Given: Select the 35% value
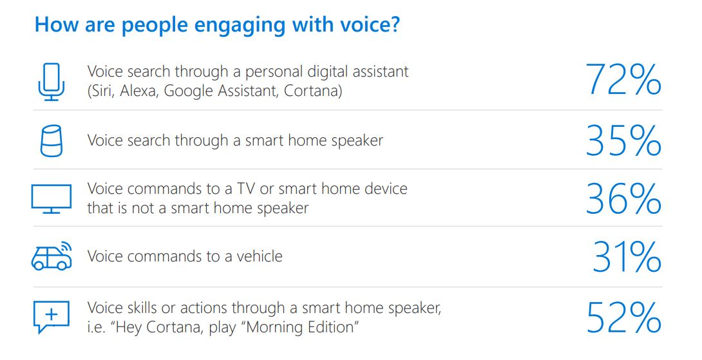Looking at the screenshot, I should point(623,140).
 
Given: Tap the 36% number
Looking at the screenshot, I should point(623,198).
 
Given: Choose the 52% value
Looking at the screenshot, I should point(623,318).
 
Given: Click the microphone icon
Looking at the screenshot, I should point(51,82).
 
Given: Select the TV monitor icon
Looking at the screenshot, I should point(52,198).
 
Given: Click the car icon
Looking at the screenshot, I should point(51,256).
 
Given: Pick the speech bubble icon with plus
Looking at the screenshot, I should point(51,316).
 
